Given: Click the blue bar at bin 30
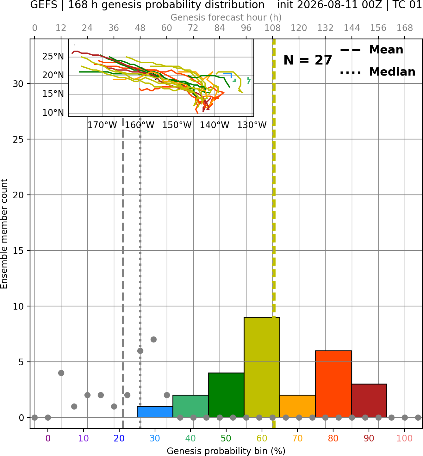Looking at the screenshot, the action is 155,412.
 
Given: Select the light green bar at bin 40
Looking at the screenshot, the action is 190,406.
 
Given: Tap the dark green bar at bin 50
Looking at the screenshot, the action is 226,395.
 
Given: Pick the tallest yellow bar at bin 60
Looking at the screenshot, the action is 262,367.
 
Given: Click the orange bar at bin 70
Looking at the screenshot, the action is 297,406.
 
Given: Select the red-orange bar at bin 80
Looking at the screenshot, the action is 333,384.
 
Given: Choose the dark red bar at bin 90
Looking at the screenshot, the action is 369,401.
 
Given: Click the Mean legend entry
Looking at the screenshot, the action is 371,50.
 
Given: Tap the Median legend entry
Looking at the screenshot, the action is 377,72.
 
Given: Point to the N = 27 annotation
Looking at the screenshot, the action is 308,60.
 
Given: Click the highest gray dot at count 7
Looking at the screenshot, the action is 153,339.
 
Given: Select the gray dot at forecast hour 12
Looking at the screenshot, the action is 61,373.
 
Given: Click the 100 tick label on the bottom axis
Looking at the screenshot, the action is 405,439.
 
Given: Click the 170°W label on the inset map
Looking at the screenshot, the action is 102,125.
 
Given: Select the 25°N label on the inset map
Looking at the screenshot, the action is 53,57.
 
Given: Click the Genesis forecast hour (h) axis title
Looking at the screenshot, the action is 226,17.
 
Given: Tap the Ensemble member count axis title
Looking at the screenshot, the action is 4,234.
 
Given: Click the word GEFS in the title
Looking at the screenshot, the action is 44,5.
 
